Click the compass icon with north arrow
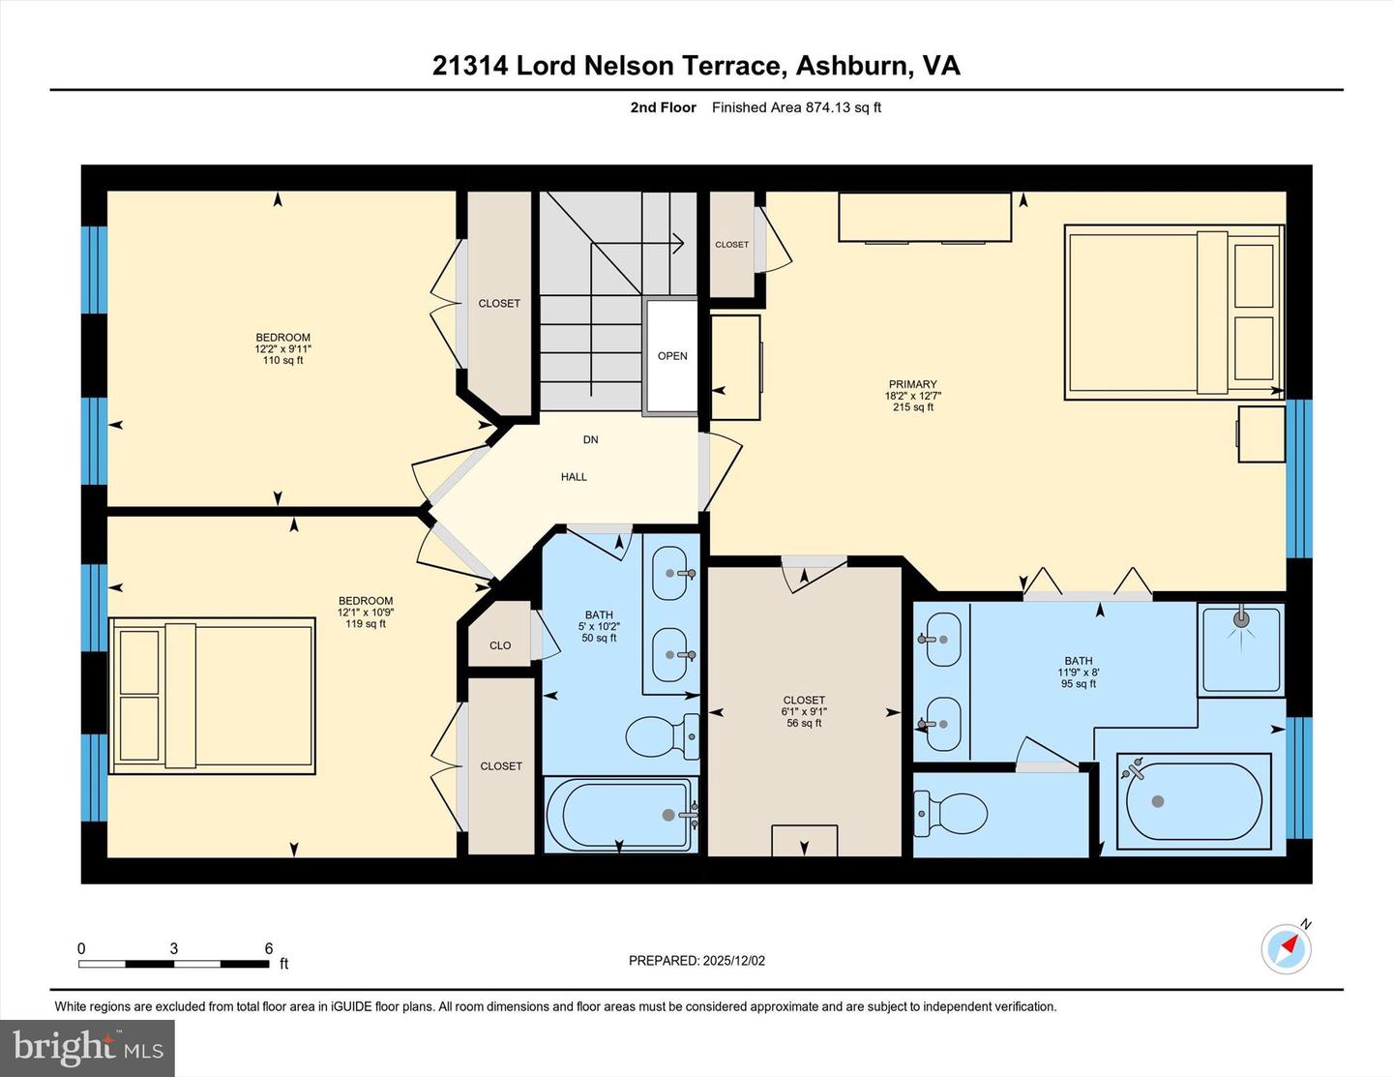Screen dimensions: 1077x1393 click(1286, 948)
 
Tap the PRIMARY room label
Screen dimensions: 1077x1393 click(912, 385)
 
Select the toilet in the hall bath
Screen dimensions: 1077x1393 click(663, 737)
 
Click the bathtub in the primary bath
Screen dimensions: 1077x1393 click(1194, 802)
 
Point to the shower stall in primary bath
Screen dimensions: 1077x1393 click(1241, 648)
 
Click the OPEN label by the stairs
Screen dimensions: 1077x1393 click(672, 356)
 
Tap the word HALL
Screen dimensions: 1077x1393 click(574, 477)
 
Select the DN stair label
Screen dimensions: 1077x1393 click(590, 439)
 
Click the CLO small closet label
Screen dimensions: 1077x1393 click(500, 645)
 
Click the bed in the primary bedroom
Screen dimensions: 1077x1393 click(1173, 312)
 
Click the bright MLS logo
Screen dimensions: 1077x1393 click(87, 1048)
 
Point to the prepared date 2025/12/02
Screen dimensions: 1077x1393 click(696, 961)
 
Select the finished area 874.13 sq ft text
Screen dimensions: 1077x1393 click(796, 107)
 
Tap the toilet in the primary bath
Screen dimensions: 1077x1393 click(953, 813)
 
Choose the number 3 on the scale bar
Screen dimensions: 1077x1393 click(174, 949)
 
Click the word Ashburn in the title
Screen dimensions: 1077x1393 click(852, 66)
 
